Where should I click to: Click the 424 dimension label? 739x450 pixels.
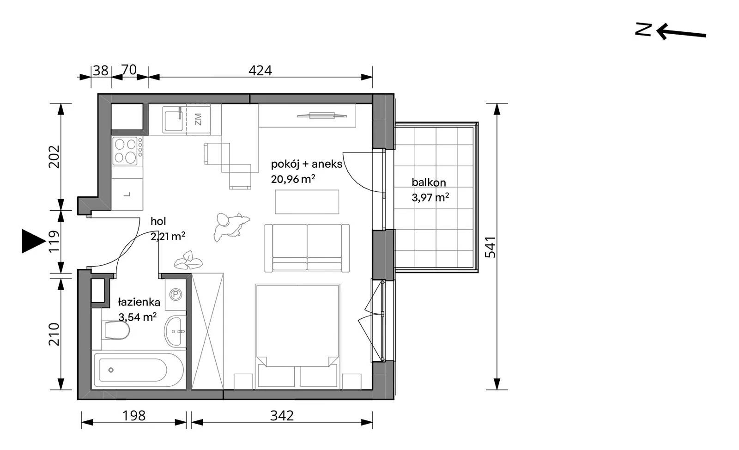[260, 71]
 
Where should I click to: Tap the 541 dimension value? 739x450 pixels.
[491, 247]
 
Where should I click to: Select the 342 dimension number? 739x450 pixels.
[282, 416]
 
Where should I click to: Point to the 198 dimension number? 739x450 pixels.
[134, 416]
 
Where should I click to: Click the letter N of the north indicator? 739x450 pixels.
[643, 29]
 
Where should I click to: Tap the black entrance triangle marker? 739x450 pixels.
[33, 241]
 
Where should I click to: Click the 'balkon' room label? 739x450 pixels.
[429, 182]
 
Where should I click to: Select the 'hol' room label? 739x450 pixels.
[158, 221]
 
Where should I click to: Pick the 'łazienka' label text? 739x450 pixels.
[139, 302]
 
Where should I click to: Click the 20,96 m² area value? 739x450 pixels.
[293, 179]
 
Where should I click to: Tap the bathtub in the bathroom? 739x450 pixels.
[139, 370]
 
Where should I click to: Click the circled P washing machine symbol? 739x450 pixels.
[176, 294]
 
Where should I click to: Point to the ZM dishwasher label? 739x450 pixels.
[198, 119]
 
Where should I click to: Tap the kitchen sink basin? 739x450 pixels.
[174, 121]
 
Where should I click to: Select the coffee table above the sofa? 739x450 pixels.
[307, 201]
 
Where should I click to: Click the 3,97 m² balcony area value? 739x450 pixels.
[430, 197]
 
